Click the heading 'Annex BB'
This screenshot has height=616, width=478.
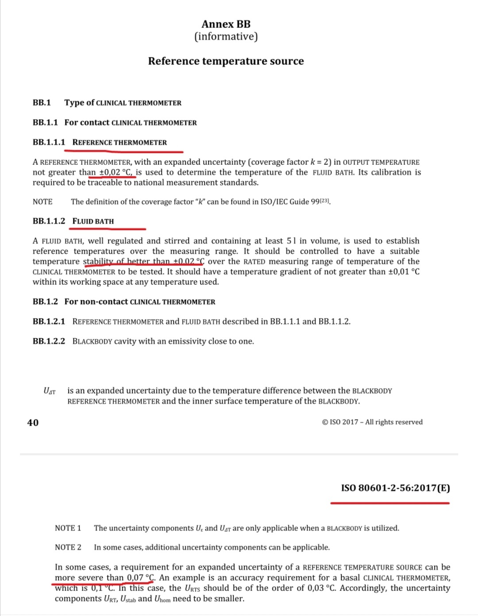pyautogui.click(x=226, y=24)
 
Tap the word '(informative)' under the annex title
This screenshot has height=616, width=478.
pyautogui.click(x=226, y=36)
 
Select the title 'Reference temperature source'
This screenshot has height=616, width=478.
pyautogui.click(x=226, y=61)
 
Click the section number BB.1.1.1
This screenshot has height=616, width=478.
pyautogui.click(x=49, y=142)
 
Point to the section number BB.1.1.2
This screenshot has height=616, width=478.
pyautogui.click(x=49, y=221)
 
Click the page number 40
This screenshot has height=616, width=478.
pyautogui.click(x=33, y=422)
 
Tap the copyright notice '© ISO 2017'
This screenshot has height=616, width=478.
pyautogui.click(x=340, y=422)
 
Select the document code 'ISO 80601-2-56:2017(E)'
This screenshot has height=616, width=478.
pyautogui.click(x=395, y=488)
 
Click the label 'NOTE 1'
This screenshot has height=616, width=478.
pyautogui.click(x=68, y=528)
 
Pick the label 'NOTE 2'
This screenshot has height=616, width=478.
pyautogui.click(x=68, y=547)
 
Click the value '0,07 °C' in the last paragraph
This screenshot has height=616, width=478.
pyautogui.click(x=141, y=577)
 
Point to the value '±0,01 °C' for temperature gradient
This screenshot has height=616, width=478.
pyautogui.click(x=404, y=271)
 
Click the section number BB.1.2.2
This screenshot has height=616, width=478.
pyautogui.click(x=49, y=341)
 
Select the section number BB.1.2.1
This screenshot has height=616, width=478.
pyautogui.click(x=49, y=322)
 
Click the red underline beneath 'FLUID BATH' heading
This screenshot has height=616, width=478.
pyautogui.click(x=107, y=229)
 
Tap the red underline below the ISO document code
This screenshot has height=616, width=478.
pyautogui.click(x=389, y=503)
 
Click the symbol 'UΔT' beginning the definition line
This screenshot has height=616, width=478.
pyautogui.click(x=50, y=391)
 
